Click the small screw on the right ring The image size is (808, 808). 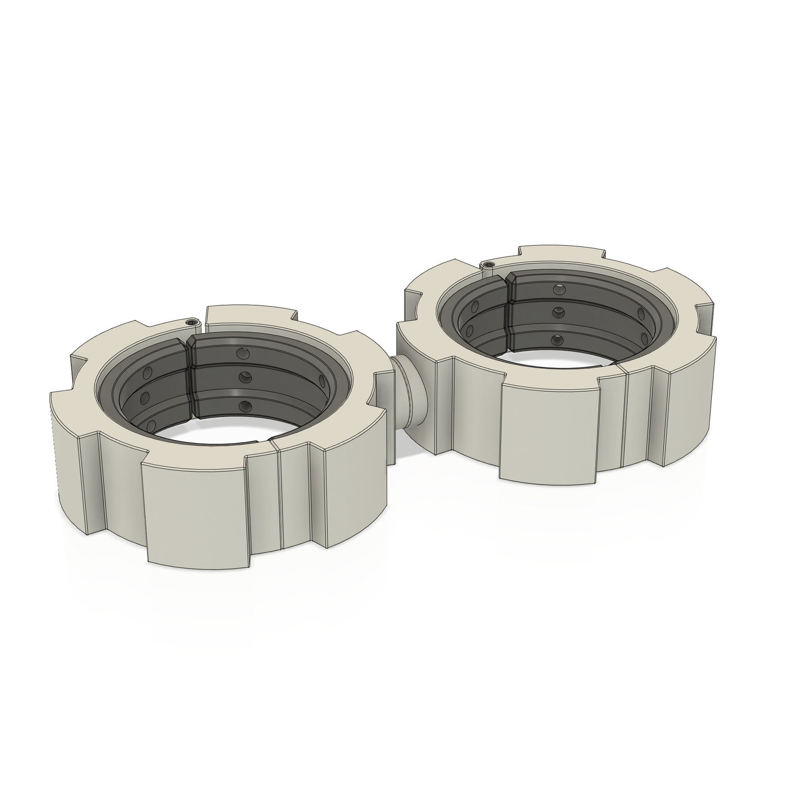click(x=489, y=264)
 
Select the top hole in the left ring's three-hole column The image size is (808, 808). click(x=241, y=352)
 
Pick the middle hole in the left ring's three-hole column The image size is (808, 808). click(x=245, y=378)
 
